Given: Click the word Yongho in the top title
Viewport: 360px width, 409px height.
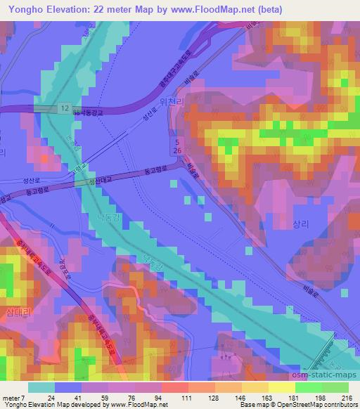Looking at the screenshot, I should click(x=23, y=9).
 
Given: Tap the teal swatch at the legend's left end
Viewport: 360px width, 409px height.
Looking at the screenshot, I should click(x=41, y=387).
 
